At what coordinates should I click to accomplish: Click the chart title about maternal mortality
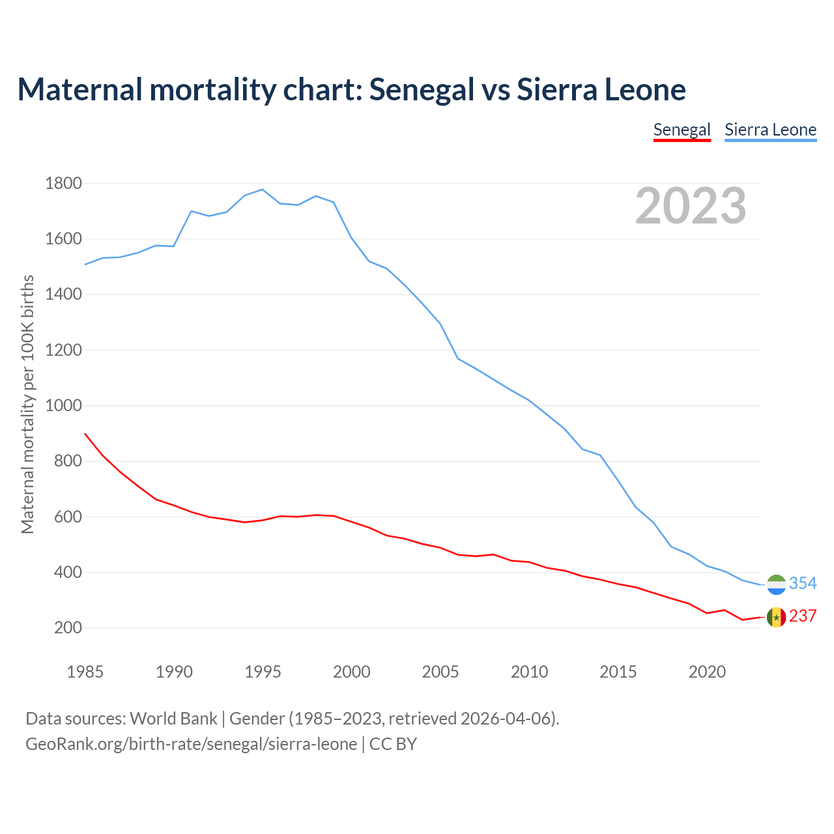click(x=351, y=89)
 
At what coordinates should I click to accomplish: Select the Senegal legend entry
click(x=682, y=130)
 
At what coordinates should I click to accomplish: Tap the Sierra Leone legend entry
click(x=770, y=130)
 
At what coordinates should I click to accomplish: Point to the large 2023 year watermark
click(x=691, y=206)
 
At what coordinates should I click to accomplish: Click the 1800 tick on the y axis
click(x=63, y=183)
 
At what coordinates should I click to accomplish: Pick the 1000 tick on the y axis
click(x=63, y=405)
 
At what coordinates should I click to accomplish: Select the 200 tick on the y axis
click(x=68, y=628)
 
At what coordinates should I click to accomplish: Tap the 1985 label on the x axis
click(x=85, y=672)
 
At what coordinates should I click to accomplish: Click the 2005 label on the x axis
click(x=440, y=672)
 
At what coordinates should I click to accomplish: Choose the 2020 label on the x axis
click(x=707, y=672)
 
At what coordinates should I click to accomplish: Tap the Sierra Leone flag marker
click(x=776, y=584)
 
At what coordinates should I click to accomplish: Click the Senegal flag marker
click(x=776, y=617)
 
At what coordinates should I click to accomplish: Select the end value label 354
click(x=803, y=583)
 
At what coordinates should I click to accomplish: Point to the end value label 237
click(x=803, y=616)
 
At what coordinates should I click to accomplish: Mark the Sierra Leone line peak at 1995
click(x=262, y=190)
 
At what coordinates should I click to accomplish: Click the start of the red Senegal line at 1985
click(x=85, y=433)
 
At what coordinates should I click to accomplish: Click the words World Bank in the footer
click(x=173, y=719)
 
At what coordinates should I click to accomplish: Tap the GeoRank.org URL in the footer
click(x=191, y=744)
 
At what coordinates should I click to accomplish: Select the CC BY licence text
click(x=393, y=744)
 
